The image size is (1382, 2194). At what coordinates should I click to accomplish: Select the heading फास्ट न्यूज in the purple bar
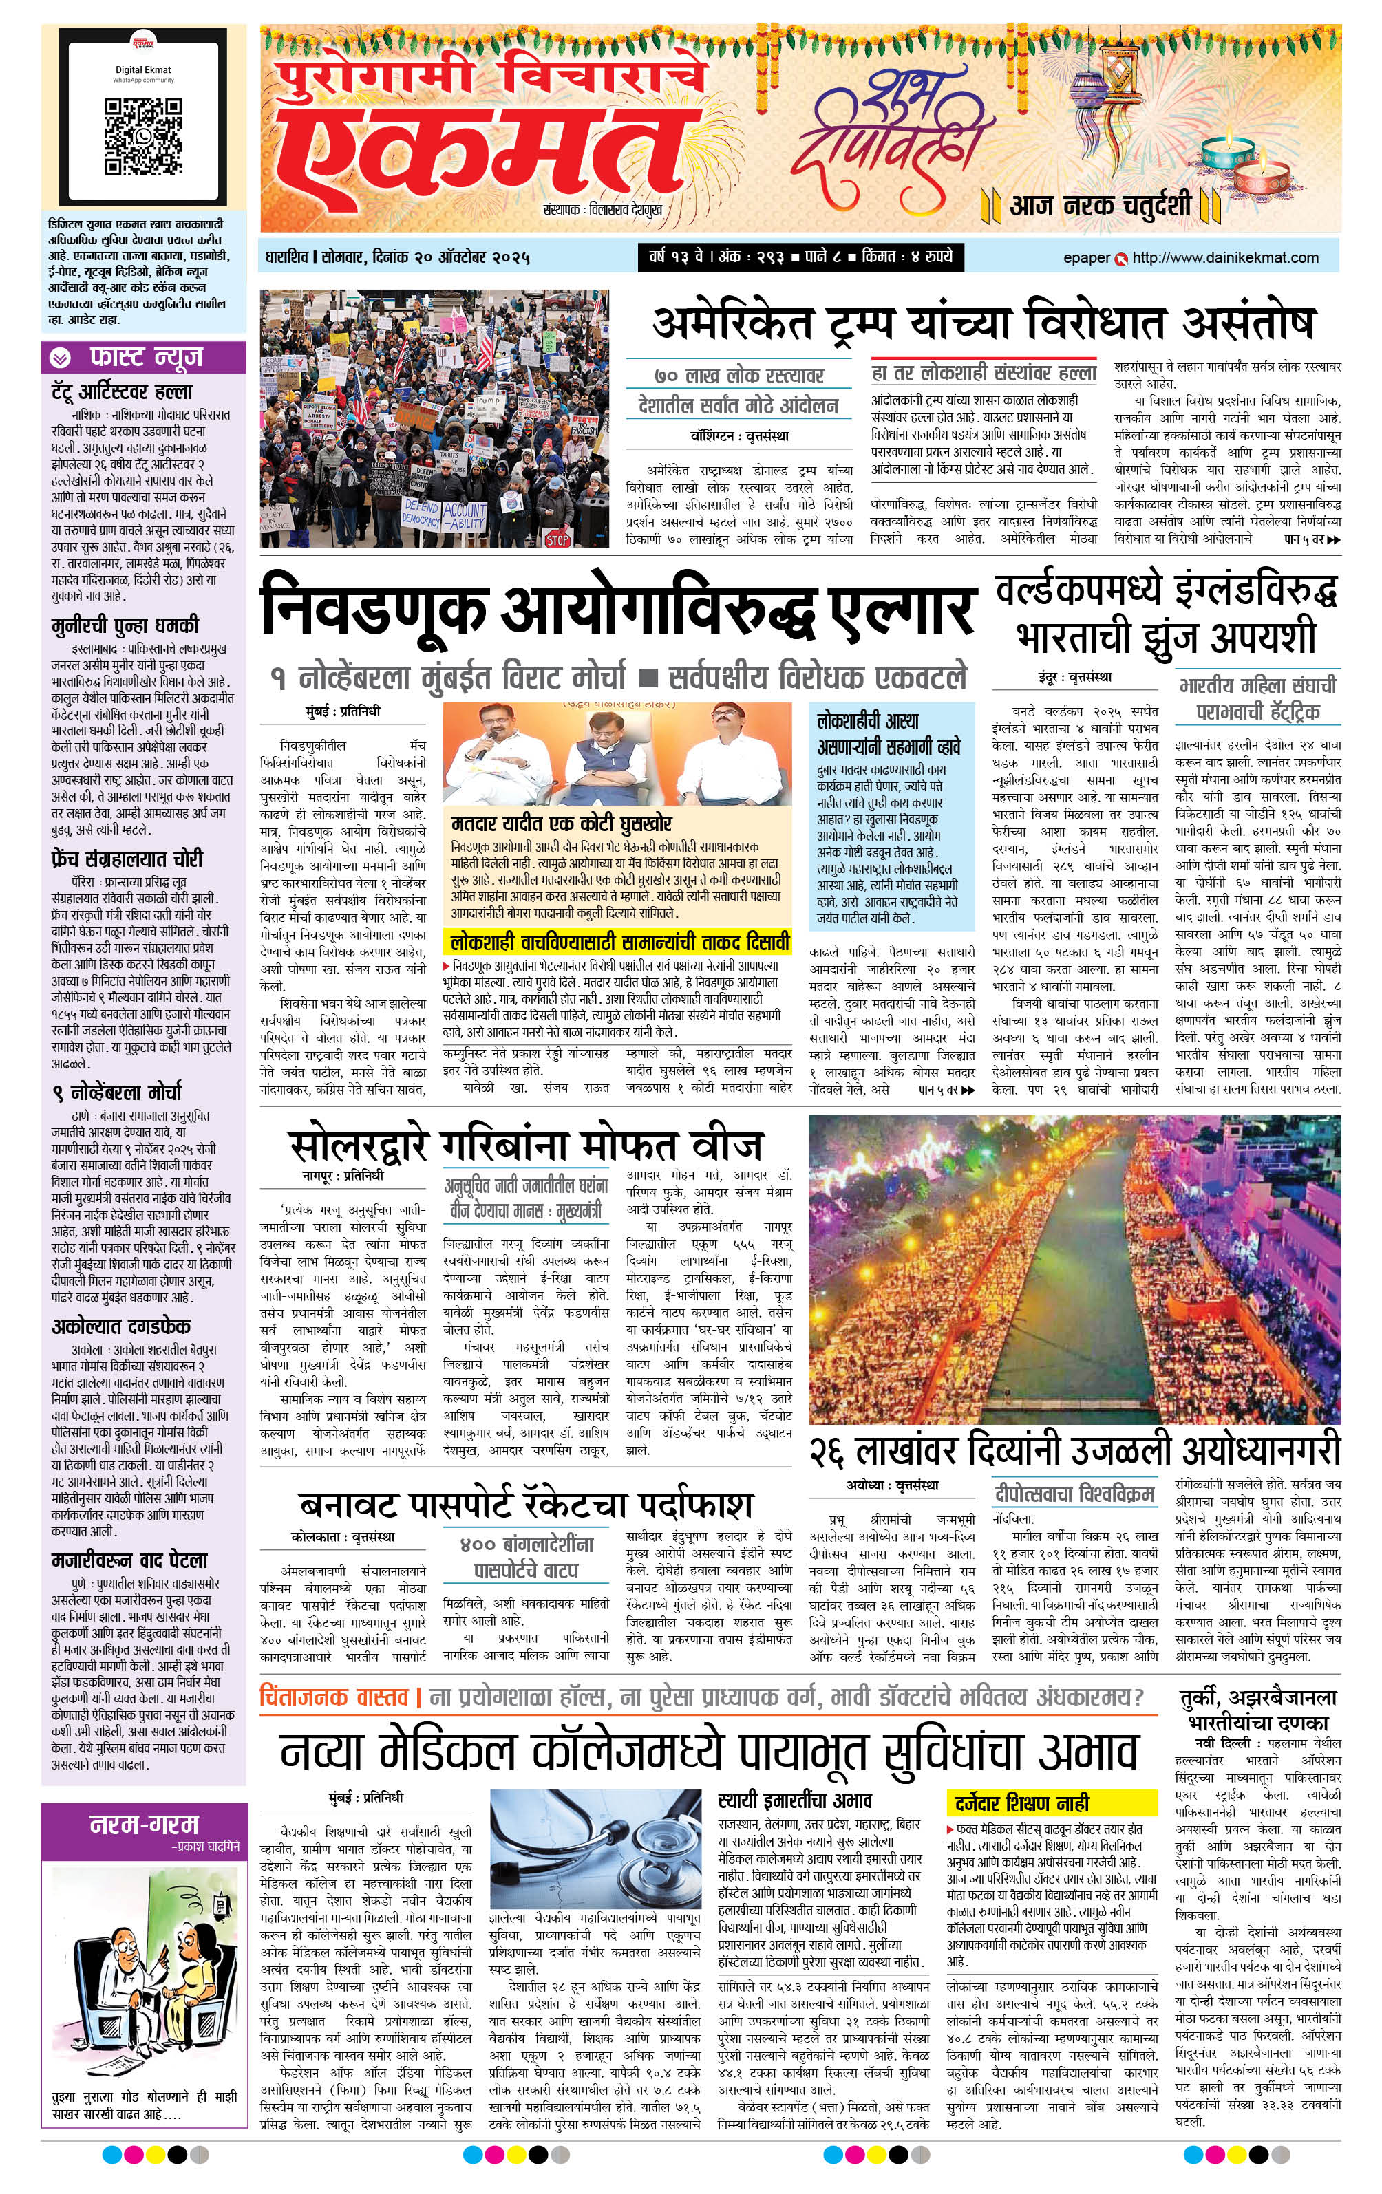click(x=146, y=357)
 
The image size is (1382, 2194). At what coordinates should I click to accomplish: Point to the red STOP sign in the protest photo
click(x=557, y=539)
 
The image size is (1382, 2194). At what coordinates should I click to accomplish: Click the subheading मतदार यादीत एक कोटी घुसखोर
click(x=562, y=824)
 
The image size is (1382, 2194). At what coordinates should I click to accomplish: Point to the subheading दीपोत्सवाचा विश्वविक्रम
click(x=1075, y=1494)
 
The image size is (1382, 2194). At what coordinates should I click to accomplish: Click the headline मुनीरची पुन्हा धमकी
click(x=125, y=625)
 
